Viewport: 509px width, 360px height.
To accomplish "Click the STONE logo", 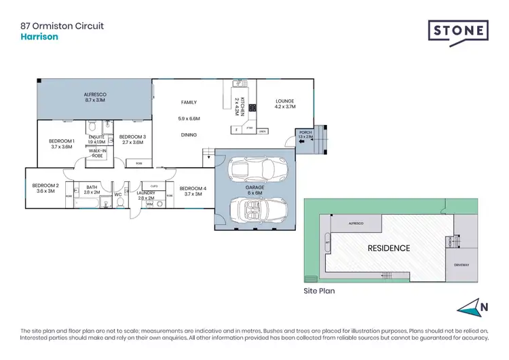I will tap(457, 31).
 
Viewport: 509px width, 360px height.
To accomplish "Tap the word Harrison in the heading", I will tap(39, 37).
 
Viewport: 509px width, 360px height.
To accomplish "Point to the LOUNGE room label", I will tap(286, 103).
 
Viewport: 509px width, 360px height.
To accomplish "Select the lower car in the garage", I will tap(253, 209).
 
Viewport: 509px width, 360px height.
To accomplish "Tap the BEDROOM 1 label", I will tap(62, 141).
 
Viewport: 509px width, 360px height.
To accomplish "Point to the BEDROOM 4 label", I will tap(193, 189).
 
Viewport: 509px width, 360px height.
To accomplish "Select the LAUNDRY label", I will tap(146, 193).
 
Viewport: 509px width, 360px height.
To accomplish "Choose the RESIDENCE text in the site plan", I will tap(390, 248).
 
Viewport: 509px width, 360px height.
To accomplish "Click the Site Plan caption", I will tap(319, 290).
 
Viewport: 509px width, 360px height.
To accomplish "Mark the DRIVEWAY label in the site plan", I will tap(464, 265).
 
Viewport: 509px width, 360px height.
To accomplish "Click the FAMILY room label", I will tap(189, 103).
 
